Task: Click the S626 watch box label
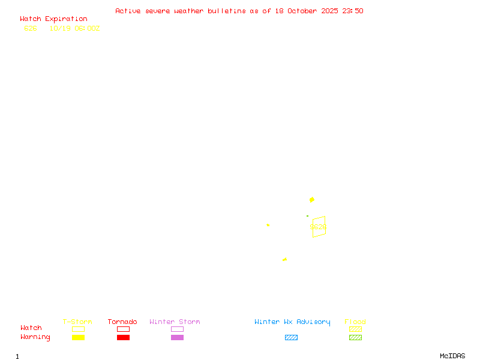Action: point(318,227)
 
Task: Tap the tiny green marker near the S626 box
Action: point(307,216)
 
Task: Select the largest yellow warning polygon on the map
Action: point(312,200)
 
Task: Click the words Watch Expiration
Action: point(53,19)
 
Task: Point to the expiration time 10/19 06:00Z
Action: point(74,28)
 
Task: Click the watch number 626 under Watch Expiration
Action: point(31,28)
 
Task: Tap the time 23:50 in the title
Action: point(353,11)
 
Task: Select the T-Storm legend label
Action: point(77,322)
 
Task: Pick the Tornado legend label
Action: point(122,322)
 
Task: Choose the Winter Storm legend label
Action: point(175,322)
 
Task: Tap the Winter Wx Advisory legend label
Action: point(292,322)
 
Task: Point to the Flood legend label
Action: point(355,322)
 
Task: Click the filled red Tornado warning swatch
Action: point(123,337)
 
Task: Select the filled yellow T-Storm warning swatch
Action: point(78,337)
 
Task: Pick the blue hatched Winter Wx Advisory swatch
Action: point(291,337)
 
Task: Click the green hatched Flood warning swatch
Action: point(355,337)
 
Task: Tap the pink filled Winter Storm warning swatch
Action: point(177,337)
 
